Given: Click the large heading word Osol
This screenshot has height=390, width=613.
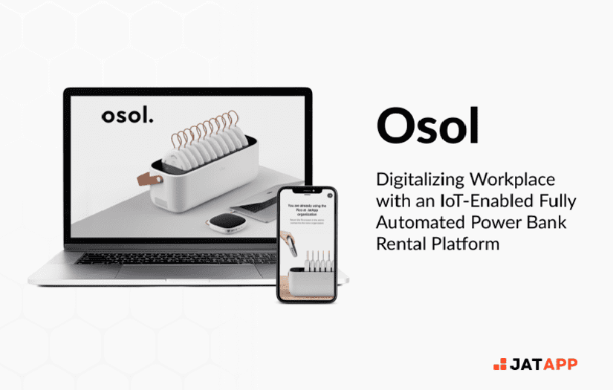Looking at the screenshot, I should coord(428,127).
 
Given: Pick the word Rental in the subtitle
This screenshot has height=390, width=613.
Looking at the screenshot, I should coord(401,243).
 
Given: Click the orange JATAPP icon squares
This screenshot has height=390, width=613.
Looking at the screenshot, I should coord(500,364).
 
